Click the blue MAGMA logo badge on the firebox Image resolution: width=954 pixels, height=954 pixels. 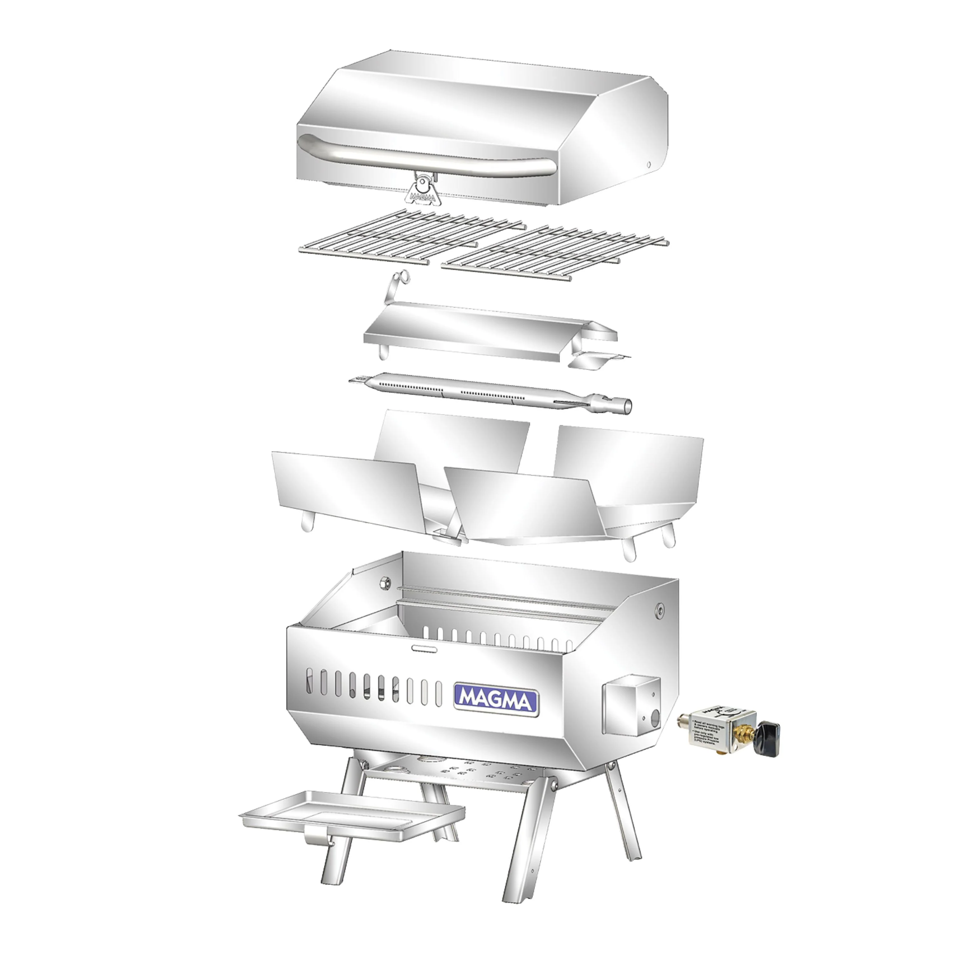[x=496, y=698]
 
